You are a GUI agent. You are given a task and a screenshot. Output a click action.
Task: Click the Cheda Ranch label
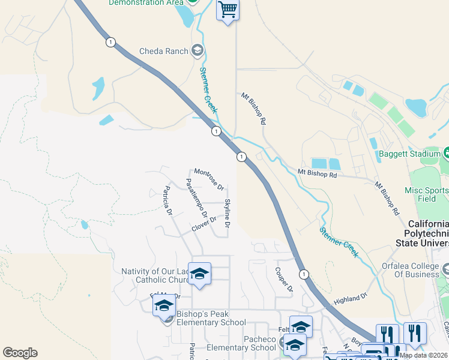tap(164, 51)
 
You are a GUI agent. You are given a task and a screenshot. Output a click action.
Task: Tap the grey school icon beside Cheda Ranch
tap(197, 50)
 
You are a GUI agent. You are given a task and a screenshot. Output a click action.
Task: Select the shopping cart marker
tap(228, 9)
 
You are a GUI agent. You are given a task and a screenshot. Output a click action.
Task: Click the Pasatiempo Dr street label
tap(196, 198)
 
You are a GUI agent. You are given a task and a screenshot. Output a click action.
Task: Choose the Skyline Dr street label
tap(227, 214)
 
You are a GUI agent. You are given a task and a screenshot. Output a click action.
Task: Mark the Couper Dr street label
tap(284, 280)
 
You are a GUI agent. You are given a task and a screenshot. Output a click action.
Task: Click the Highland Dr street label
tap(350, 299)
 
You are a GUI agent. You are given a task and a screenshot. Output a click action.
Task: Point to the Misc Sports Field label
tap(427, 194)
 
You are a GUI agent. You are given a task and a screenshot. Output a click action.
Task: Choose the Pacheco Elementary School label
tap(241, 344)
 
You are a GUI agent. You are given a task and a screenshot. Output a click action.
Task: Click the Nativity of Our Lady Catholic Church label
tap(155, 275)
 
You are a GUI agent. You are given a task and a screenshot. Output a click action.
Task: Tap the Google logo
tap(20, 353)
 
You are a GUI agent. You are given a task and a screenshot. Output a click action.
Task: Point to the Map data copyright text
tap(423, 355)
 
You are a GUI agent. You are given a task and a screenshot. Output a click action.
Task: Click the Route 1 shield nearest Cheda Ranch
tap(110, 42)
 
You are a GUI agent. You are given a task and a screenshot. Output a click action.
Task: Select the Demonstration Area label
tap(146, 3)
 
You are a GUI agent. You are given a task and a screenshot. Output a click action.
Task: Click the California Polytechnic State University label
tap(421, 232)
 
